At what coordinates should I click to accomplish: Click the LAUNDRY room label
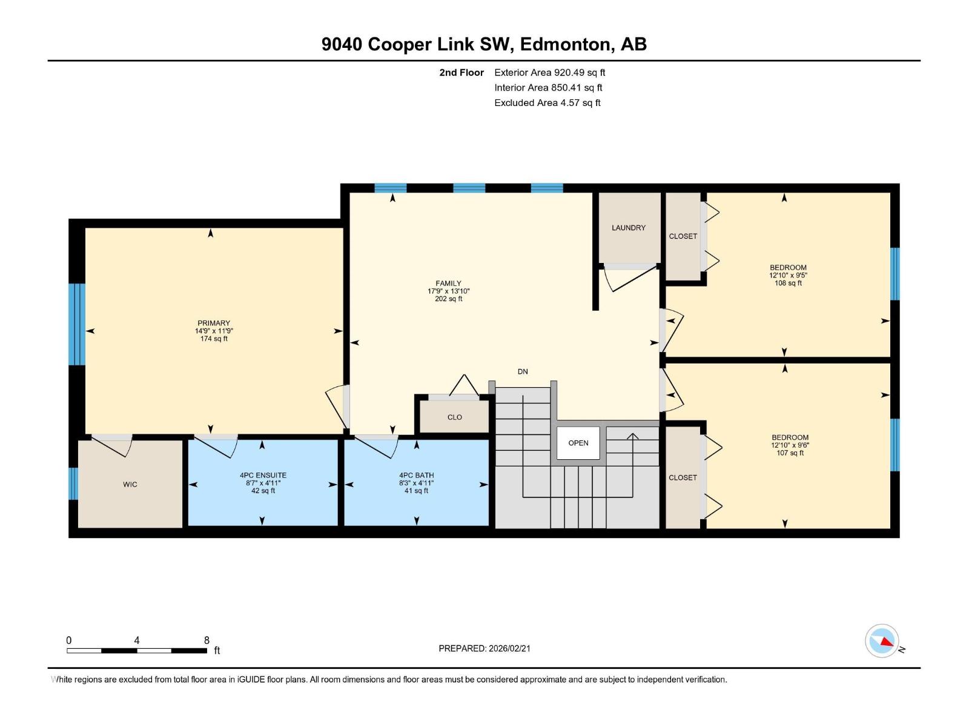(x=628, y=228)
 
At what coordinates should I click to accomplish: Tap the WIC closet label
(x=130, y=484)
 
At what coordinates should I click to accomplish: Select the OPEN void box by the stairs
(x=578, y=443)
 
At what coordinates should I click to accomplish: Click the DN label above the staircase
(x=522, y=371)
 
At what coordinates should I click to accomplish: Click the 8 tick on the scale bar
(x=207, y=640)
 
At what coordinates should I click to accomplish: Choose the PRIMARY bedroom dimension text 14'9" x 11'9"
(x=214, y=331)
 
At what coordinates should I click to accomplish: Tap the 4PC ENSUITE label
(x=263, y=476)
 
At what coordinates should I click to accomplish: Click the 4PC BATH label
(x=416, y=476)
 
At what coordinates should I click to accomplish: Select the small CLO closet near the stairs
(x=454, y=417)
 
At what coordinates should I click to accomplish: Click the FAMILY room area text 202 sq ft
(x=448, y=299)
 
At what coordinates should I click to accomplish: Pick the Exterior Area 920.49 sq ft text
(x=549, y=72)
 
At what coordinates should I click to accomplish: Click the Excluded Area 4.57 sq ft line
(x=547, y=102)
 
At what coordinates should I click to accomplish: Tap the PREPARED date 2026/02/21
(x=484, y=648)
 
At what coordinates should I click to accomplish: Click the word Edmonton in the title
(x=564, y=44)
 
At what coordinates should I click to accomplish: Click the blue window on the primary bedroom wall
(x=76, y=324)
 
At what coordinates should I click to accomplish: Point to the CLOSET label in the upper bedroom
(x=683, y=236)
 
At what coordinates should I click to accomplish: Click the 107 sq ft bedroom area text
(x=790, y=453)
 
